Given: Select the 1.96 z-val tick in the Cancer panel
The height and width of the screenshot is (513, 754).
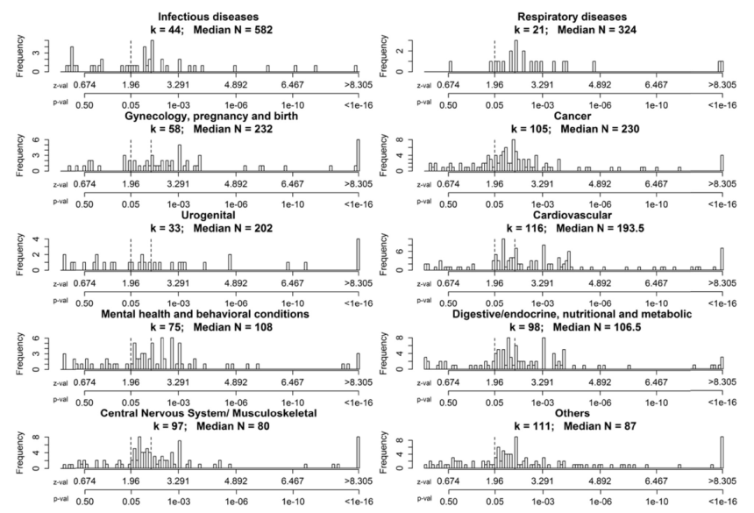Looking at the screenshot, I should [x=495, y=184].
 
